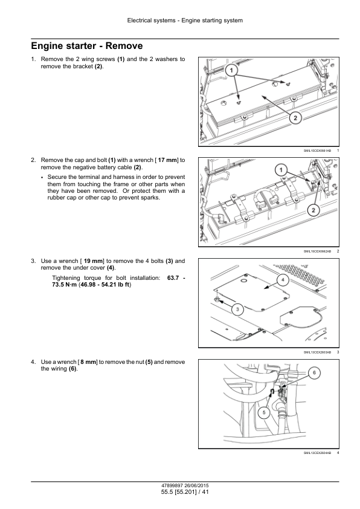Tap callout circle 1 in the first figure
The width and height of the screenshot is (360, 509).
click(231, 71)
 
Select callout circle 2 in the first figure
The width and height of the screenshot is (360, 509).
click(295, 118)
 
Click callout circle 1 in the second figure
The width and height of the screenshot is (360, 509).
click(281, 170)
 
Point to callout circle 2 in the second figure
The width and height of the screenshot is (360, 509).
click(313, 210)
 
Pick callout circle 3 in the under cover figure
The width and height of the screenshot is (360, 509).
click(238, 310)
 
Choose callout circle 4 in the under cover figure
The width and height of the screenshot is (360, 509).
click(283, 280)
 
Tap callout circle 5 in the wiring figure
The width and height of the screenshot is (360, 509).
click(264, 413)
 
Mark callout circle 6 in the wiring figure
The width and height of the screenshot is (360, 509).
click(314, 373)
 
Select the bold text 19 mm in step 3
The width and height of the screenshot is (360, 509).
click(94, 261)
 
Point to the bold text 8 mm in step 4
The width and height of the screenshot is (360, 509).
click(88, 362)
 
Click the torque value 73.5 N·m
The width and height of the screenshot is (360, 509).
click(65, 285)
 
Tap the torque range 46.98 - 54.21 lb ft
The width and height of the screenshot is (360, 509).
click(104, 285)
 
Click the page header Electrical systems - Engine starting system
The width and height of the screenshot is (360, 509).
click(185, 21)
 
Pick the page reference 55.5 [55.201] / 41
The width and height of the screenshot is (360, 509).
click(185, 492)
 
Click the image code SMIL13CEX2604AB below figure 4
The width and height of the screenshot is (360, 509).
click(317, 453)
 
